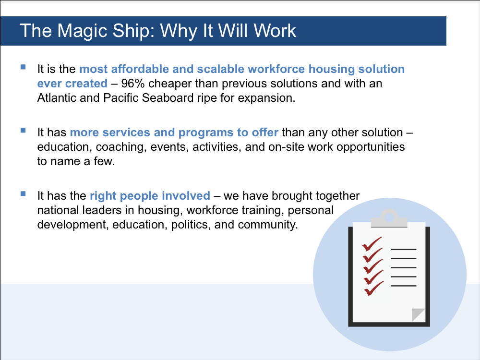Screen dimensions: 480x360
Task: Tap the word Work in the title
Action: point(275,31)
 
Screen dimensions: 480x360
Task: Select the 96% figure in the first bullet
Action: point(133,83)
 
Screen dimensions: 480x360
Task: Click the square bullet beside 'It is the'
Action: point(23,67)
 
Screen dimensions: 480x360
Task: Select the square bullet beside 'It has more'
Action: point(23,131)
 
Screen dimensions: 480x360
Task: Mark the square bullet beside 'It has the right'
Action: point(23,194)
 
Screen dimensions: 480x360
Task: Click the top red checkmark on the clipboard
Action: point(372,244)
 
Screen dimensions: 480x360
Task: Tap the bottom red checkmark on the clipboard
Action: point(373,288)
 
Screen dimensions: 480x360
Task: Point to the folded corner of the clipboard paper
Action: point(418,315)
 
